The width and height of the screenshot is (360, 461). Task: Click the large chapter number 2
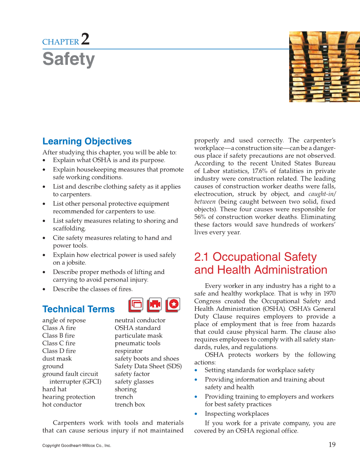click(85, 39)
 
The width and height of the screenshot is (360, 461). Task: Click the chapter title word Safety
click(68, 59)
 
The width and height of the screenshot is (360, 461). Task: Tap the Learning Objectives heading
click(87, 141)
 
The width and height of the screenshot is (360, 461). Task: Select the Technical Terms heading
click(78, 309)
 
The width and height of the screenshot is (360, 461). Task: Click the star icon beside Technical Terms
click(173, 305)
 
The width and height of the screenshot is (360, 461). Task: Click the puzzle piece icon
click(154, 305)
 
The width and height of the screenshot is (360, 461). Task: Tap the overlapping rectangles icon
click(136, 305)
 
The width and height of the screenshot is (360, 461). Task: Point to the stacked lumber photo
click(324, 67)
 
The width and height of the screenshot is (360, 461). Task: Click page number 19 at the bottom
click(332, 444)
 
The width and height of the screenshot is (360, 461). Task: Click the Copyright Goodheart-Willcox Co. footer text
click(76, 446)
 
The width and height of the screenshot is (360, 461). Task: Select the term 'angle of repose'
click(64, 320)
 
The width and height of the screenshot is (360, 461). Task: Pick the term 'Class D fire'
click(59, 351)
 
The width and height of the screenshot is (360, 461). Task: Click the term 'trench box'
click(130, 404)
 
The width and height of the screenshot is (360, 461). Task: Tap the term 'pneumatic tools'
click(137, 343)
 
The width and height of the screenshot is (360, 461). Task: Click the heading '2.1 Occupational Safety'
click(255, 257)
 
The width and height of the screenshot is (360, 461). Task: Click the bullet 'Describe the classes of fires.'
click(92, 289)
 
